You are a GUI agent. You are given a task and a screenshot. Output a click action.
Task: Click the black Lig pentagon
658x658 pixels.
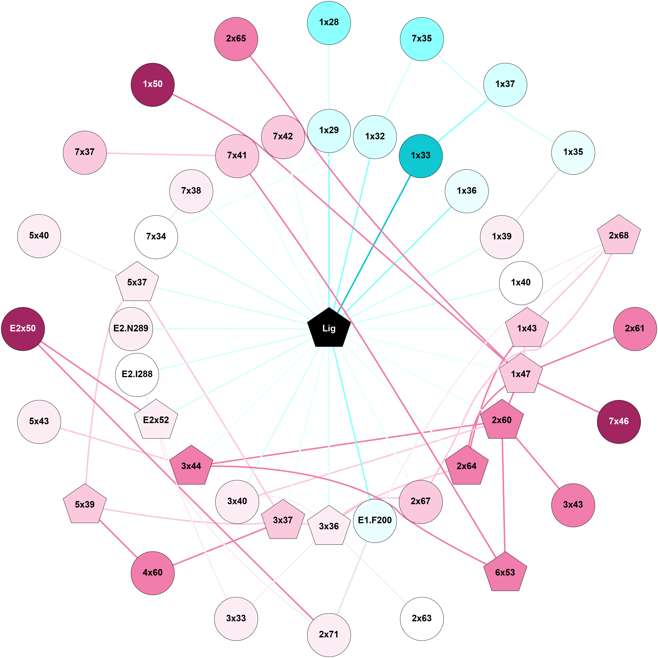pos(329,328)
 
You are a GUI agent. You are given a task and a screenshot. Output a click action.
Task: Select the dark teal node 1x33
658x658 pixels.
pos(421,156)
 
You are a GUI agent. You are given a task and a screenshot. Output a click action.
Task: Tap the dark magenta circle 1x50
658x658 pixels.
pos(153,84)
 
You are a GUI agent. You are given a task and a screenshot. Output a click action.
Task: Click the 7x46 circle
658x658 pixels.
pos(619,421)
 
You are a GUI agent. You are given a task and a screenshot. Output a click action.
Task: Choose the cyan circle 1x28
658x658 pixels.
pos(329,22)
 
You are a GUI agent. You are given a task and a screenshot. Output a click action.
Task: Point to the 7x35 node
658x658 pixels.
pos(422,39)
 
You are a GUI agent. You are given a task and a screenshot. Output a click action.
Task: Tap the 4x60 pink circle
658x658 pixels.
pos(153,573)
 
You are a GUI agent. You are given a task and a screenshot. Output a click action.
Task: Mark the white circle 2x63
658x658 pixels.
pos(422,618)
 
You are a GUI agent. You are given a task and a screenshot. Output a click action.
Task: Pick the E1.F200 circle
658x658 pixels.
pos(375,521)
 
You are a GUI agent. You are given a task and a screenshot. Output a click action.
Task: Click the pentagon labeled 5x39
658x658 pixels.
pos(85,504)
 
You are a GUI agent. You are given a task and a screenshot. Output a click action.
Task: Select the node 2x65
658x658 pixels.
pos(236,39)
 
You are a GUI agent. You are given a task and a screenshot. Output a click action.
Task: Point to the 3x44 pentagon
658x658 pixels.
pos(191,466)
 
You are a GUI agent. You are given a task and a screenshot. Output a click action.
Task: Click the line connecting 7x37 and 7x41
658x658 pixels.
pos(161,154)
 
